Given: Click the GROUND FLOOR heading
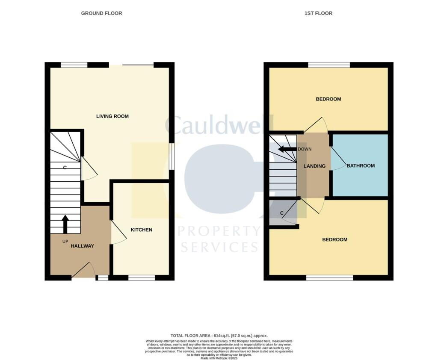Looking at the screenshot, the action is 101,13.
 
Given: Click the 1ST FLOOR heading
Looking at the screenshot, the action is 318,13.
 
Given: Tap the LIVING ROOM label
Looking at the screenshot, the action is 112,116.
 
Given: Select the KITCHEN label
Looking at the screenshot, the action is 141,230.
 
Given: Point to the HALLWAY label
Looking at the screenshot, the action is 82,246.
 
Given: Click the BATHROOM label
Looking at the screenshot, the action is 361,165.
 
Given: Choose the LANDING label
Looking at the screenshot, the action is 314,166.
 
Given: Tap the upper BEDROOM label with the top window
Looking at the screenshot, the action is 328,99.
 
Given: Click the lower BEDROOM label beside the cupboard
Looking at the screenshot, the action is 334,239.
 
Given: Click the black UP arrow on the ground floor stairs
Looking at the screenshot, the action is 65,224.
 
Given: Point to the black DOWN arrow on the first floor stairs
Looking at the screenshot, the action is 287,149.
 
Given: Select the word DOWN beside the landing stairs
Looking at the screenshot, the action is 305,149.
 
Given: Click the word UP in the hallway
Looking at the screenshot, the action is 65,242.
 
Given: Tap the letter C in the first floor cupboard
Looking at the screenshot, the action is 282,213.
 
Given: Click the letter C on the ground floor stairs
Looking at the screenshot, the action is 65,168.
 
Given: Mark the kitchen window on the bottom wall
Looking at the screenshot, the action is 142,277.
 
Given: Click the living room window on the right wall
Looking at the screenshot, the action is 172,156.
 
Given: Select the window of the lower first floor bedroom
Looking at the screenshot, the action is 330,277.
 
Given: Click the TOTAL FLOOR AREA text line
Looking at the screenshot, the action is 219,336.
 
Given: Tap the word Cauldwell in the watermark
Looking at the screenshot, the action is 219,125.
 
